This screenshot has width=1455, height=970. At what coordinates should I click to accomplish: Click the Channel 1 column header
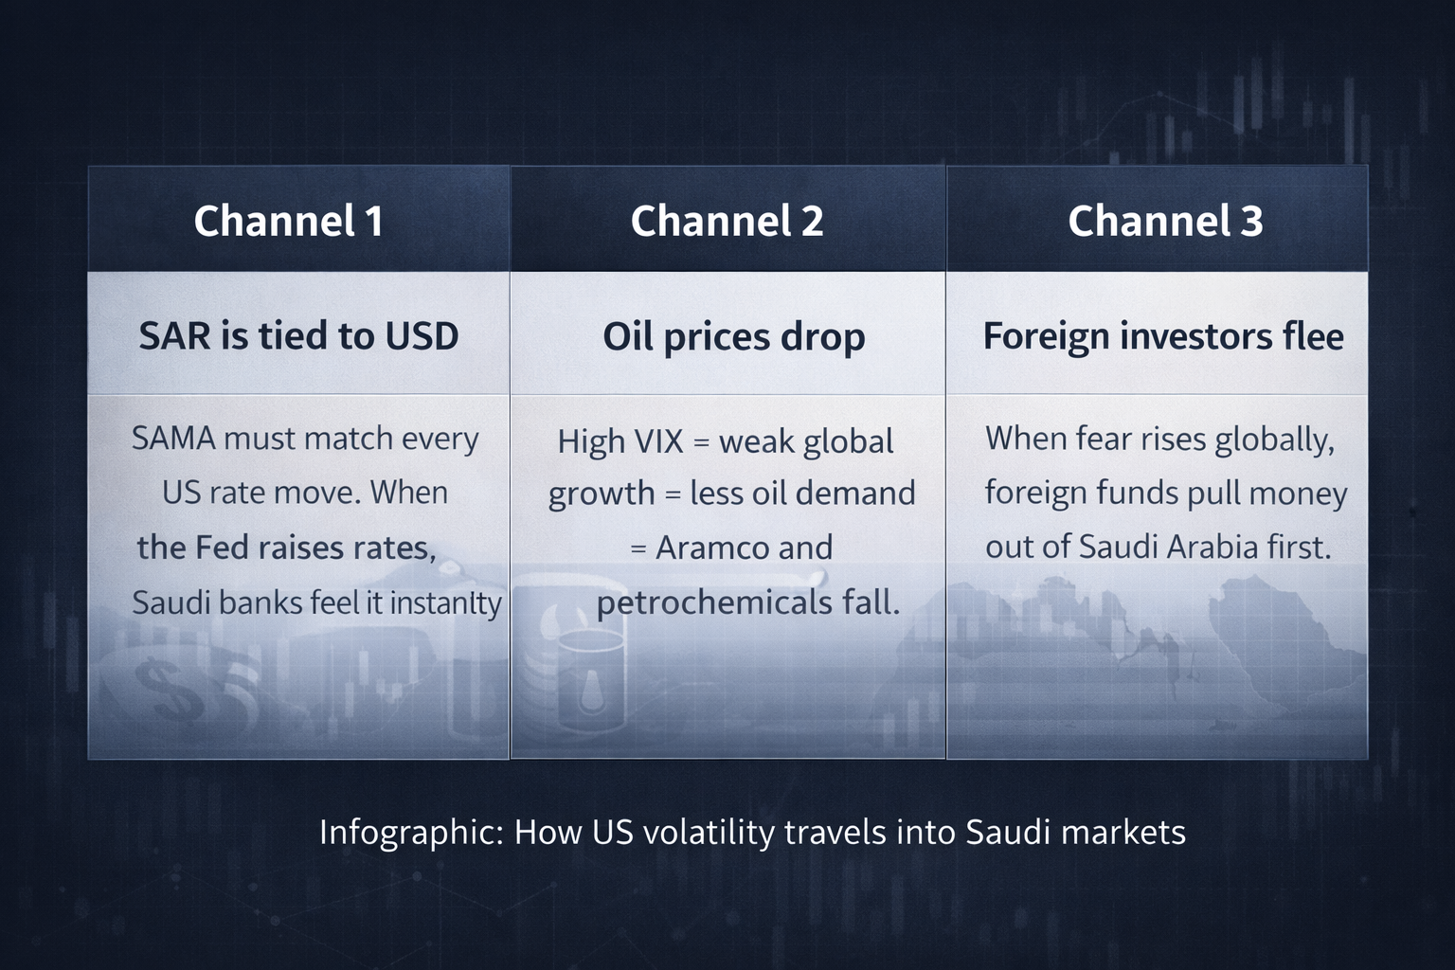point(288,221)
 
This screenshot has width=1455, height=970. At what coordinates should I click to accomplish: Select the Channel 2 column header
point(727,221)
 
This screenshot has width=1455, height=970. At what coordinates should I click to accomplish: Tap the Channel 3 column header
point(1165,221)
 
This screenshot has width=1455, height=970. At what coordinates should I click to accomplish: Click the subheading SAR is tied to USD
point(298,336)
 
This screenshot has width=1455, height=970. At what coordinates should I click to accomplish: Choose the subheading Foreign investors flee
point(1163,336)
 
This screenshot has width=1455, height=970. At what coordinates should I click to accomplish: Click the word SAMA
point(173,439)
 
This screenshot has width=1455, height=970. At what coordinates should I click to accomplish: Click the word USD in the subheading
point(422,336)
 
